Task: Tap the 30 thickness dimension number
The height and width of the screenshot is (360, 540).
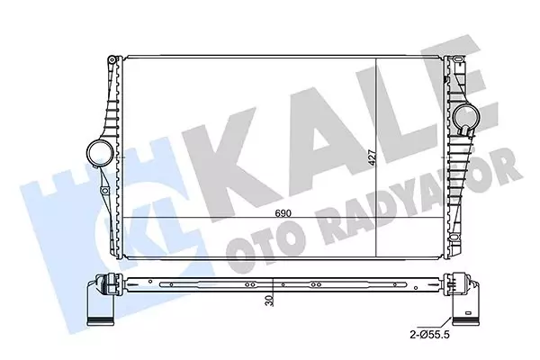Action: tap(270, 302)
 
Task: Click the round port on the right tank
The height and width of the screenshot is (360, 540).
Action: tap(466, 116)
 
